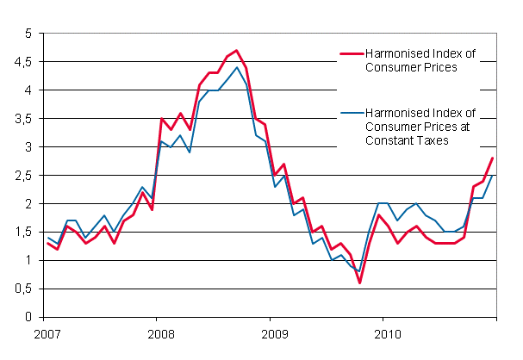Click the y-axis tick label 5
tap(28, 34)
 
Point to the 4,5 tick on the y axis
tap(23, 62)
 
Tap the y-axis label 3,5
tap(23, 119)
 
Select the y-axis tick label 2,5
tap(23, 176)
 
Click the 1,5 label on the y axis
tap(23, 233)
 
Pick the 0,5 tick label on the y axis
tap(23, 289)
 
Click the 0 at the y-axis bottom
tap(28, 318)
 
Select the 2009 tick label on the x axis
tap(273, 332)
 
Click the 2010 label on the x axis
tap(389, 332)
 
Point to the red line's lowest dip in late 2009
tap(360, 282)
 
